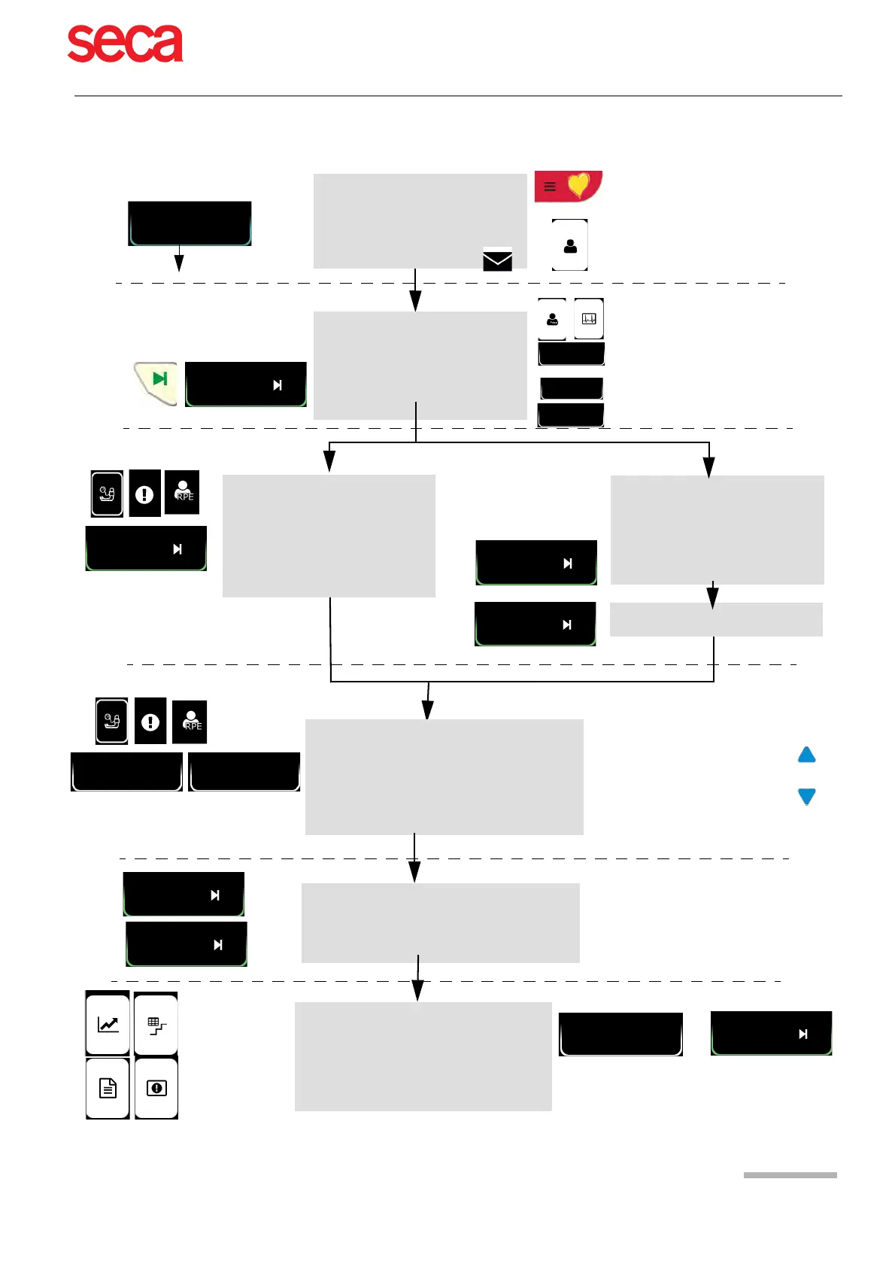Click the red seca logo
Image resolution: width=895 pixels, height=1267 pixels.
[x=125, y=44]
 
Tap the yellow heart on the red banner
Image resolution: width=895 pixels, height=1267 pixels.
[x=578, y=184]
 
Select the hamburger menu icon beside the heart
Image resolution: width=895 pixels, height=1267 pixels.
[x=550, y=187]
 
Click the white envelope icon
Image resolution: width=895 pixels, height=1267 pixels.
[x=497, y=260]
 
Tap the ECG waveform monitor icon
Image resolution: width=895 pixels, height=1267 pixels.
[x=589, y=319]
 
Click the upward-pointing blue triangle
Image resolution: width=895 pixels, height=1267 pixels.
[x=806, y=755]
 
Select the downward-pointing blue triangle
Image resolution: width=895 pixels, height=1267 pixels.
[x=806, y=797]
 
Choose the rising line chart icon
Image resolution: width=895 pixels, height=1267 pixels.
[x=108, y=1024]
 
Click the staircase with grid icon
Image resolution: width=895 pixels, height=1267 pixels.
[x=156, y=1025]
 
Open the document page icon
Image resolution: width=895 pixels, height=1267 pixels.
[x=108, y=1088]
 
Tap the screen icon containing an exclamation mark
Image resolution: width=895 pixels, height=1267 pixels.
[x=156, y=1088]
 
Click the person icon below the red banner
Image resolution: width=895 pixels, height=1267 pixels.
[x=570, y=245]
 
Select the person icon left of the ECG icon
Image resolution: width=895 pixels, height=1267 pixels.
[x=552, y=319]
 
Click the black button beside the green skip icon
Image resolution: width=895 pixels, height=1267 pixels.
[x=245, y=384]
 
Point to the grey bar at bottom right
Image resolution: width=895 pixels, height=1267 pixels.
[x=790, y=1175]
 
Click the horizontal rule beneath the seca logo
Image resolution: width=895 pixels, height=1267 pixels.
[x=457, y=96]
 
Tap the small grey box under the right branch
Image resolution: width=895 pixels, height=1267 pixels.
[x=715, y=620]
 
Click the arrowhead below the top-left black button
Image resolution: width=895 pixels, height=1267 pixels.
[x=179, y=263]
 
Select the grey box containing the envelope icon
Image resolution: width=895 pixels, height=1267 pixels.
[x=419, y=220]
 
